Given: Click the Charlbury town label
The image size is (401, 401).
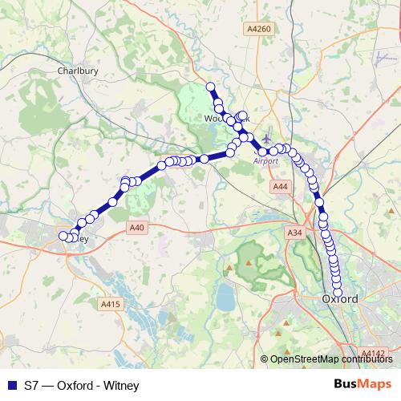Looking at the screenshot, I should click(77, 71).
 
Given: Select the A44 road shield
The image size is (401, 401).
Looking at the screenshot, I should click(280, 187).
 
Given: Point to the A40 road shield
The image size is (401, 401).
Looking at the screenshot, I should click(136, 229).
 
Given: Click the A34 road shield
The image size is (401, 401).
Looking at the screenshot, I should click(294, 233).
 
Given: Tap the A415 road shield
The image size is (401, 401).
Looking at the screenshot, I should click(110, 304).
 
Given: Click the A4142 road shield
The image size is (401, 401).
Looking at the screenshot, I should click(373, 353).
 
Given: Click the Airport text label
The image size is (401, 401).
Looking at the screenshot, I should click(265, 160).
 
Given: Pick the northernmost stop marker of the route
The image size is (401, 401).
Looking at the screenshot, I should click(211, 87).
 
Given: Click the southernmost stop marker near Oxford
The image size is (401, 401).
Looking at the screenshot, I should click(338, 291).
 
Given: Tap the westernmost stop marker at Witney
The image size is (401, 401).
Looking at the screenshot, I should click(63, 236).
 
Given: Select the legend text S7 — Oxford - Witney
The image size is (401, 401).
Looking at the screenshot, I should click(81, 385).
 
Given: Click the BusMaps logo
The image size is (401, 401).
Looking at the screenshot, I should click(362, 384).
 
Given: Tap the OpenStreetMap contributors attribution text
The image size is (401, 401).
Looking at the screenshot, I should click(330, 359).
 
